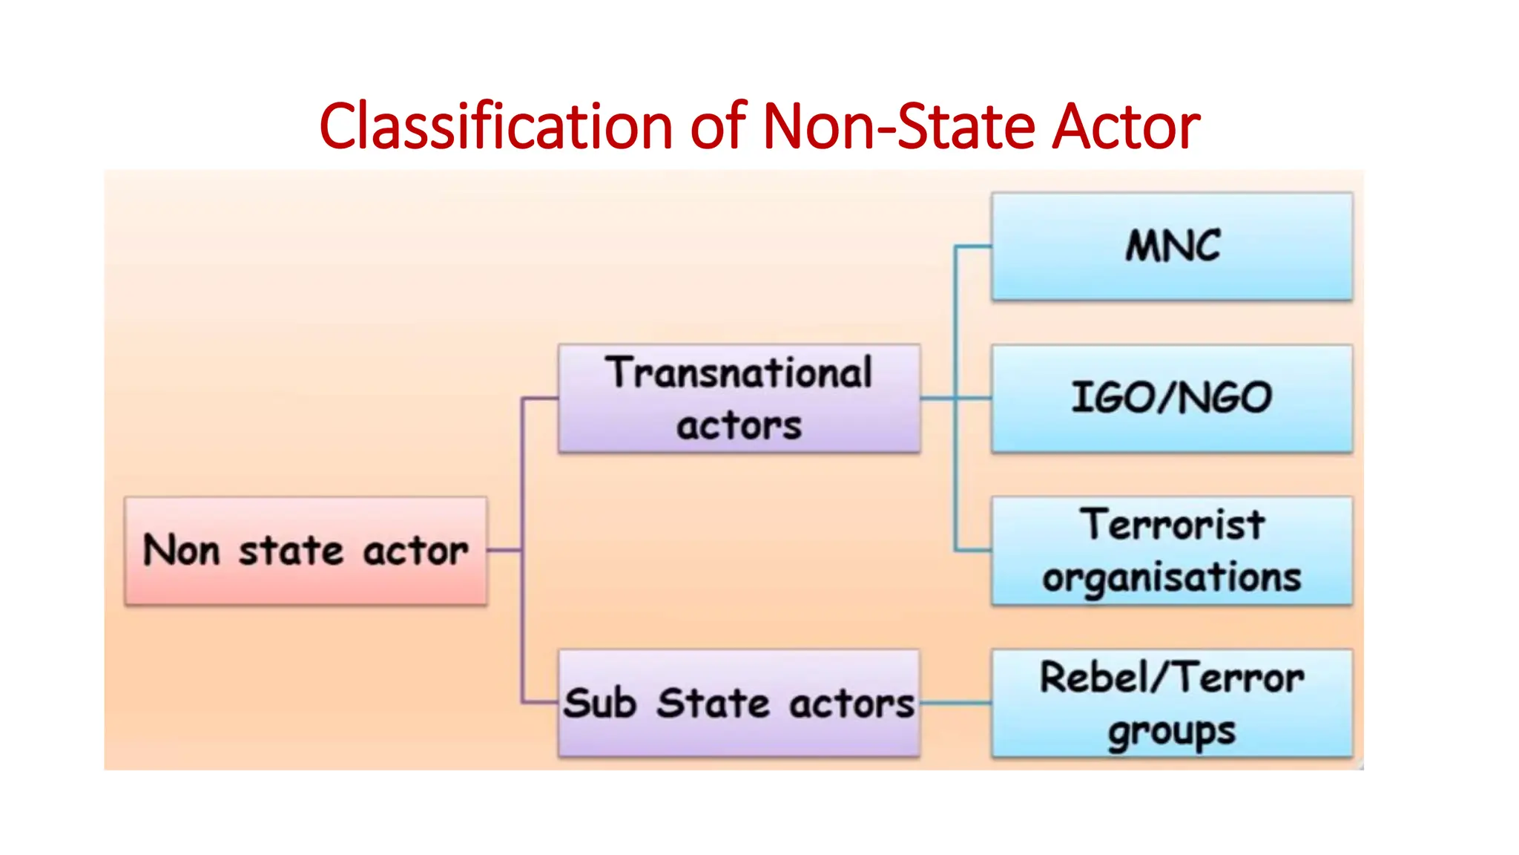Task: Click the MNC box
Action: pos(1172,247)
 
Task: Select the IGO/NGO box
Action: pos(1172,399)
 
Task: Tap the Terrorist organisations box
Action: pos(1172,551)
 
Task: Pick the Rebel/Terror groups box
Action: pos(1172,703)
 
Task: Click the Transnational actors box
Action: pos(739,399)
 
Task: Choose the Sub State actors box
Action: pos(739,703)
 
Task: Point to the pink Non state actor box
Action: pos(306,551)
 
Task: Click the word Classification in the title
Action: pos(495,126)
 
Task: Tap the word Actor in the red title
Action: pos(1126,126)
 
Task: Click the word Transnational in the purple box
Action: pos(739,373)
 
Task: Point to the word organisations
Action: pos(1172,577)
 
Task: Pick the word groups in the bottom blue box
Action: pos(1172,732)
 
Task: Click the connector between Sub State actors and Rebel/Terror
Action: pos(955,703)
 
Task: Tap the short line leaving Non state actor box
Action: pos(504,550)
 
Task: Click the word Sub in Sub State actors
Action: pos(599,703)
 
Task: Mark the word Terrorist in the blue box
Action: pos(1172,525)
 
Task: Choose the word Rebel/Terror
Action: pos(1172,677)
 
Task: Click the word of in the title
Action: pos(718,126)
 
